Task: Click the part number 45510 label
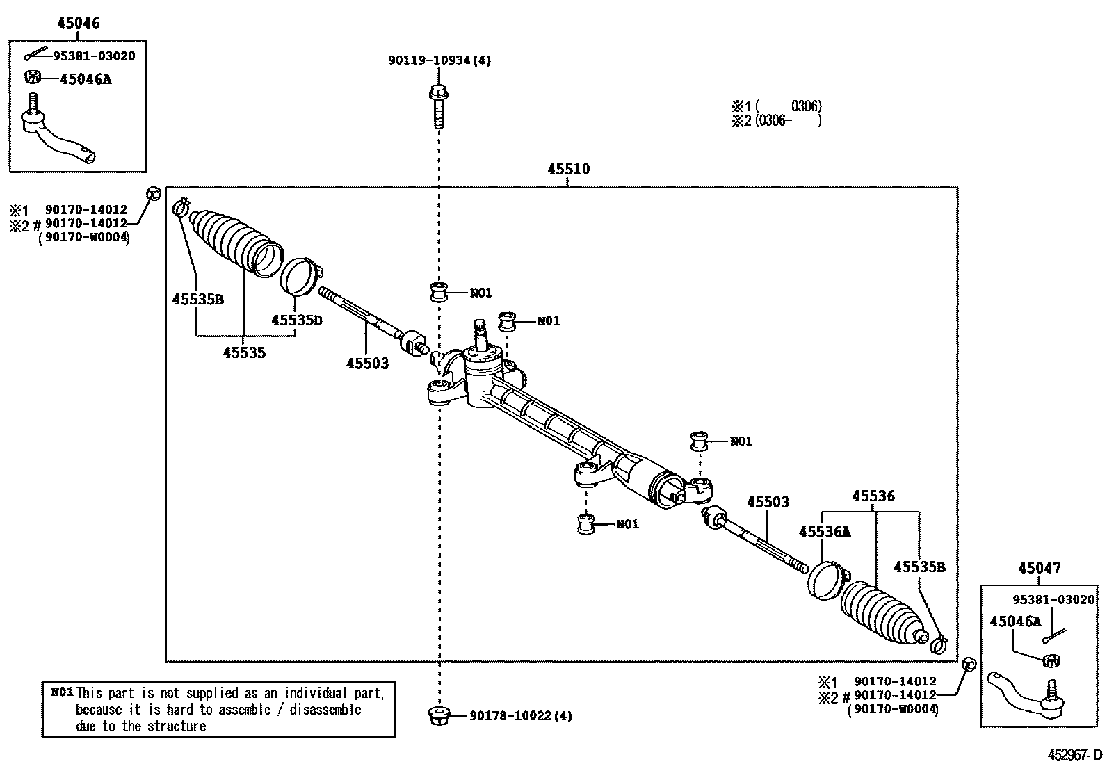pyautogui.click(x=568, y=170)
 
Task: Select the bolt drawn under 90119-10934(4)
pyautogui.click(x=438, y=106)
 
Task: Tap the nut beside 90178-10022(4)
pyautogui.click(x=439, y=715)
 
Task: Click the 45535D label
pyautogui.click(x=296, y=320)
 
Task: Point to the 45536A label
pyautogui.click(x=824, y=532)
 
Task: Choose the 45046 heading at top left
pyautogui.click(x=78, y=23)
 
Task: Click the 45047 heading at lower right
pyautogui.click(x=1040, y=568)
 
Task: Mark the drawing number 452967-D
pyautogui.click(x=1076, y=754)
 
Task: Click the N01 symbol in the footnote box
pyautogui.click(x=62, y=692)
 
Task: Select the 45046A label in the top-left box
pyautogui.click(x=85, y=79)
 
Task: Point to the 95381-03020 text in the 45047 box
pyautogui.click(x=1053, y=599)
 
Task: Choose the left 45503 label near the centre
pyautogui.click(x=367, y=363)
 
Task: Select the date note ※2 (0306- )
pyautogui.click(x=775, y=120)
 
